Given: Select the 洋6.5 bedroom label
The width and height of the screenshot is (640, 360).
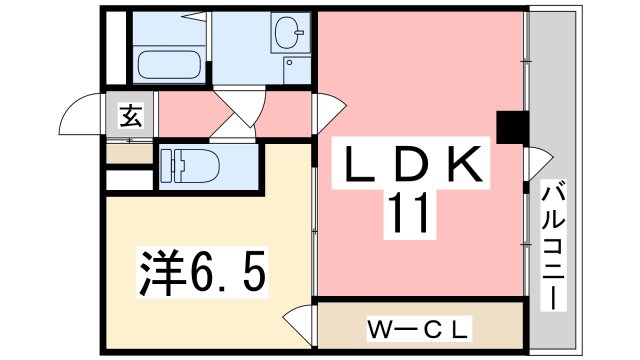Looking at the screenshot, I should point(201,271).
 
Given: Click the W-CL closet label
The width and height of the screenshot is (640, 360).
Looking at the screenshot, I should point(419,328).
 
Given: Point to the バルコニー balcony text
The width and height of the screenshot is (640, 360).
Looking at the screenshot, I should point(552,245).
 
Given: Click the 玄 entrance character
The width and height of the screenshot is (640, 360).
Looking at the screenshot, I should point(130,115).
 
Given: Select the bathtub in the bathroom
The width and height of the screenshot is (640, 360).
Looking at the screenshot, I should point(169,65).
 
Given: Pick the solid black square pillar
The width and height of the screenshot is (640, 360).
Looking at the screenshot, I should point(512,127).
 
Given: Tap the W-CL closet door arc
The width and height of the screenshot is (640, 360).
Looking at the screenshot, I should point(299,326).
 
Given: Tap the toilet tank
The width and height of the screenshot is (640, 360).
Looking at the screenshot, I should point(167,165).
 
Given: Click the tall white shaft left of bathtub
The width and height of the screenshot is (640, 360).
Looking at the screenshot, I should point(115,48).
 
